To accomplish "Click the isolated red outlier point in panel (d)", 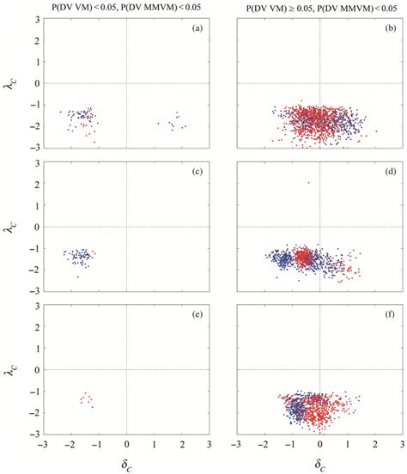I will [x=308, y=183].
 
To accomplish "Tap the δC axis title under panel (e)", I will [x=126, y=465].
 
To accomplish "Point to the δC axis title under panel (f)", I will [x=320, y=465].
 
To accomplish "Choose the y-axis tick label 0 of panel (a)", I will [x=33, y=83].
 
